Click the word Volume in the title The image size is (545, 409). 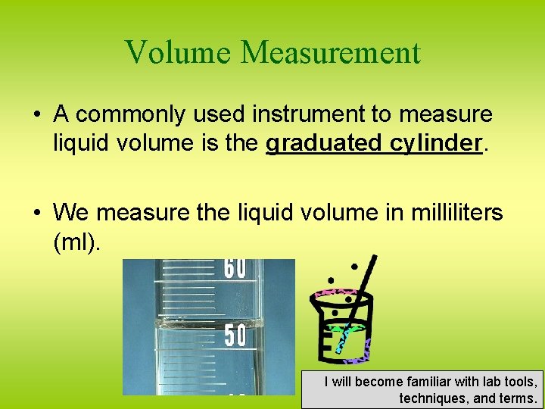[179, 53]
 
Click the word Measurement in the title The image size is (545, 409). [330, 53]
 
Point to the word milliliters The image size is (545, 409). [454, 213]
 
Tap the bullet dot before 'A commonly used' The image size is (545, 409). [36, 115]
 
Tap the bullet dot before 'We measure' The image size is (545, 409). [36, 214]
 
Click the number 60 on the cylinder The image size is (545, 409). [235, 269]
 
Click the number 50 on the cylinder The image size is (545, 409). [235, 336]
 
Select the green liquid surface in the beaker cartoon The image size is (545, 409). [346, 328]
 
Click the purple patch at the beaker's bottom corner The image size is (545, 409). [365, 349]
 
